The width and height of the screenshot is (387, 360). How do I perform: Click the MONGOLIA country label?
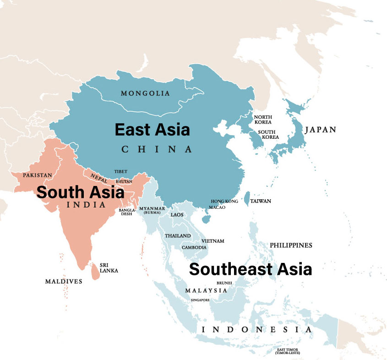145,93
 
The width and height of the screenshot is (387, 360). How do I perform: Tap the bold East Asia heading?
152,130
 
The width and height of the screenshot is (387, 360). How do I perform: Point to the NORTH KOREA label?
263,120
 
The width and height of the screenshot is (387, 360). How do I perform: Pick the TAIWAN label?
261,201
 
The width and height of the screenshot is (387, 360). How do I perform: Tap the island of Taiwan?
246,198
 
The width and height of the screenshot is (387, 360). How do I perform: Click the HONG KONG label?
224,202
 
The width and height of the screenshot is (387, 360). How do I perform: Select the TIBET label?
121,172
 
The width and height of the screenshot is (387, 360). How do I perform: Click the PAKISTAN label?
38,175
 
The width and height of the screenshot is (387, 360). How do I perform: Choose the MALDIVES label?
64,281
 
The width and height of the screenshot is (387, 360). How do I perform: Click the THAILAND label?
178,236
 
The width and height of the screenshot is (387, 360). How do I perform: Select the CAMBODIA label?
194,247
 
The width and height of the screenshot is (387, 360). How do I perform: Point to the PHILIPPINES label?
291,245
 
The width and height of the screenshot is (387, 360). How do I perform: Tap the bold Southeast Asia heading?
251,269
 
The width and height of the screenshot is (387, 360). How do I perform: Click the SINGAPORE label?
200,300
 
